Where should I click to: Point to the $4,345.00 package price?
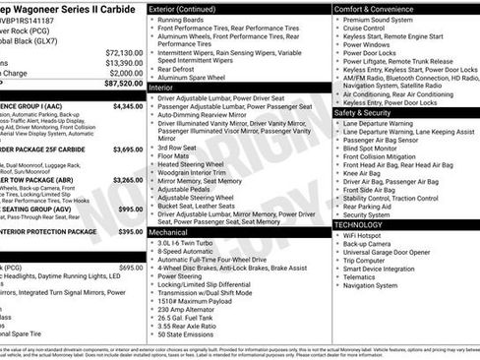(x=128, y=105)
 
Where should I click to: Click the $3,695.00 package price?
(x=128, y=149)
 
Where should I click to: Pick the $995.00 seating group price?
(x=131, y=209)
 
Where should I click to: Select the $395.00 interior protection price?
(x=131, y=231)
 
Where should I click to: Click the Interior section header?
(x=161, y=87)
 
